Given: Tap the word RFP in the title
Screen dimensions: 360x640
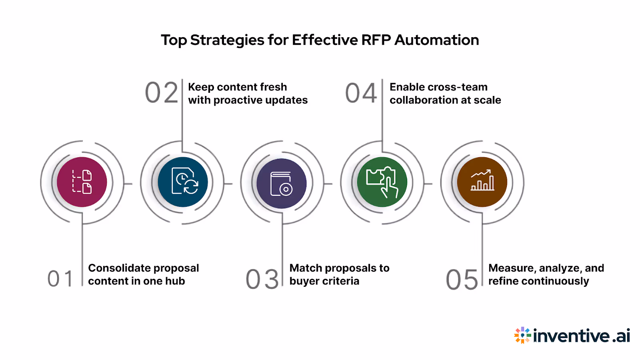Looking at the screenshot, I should pyautogui.click(x=376, y=40).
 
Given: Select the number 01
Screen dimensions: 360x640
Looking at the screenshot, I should pyautogui.click(x=60, y=279).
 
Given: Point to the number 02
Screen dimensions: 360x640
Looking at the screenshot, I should pyautogui.click(x=162, y=93).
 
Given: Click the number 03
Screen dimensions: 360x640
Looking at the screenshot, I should pyautogui.click(x=262, y=279).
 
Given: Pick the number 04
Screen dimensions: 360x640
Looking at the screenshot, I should pyautogui.click(x=361, y=93).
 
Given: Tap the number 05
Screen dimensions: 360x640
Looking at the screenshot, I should pyautogui.click(x=462, y=279).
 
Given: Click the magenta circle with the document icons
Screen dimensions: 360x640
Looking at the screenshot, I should pyautogui.click(x=82, y=182).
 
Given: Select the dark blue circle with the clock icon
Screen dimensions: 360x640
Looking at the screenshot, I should pyautogui.click(x=183, y=182).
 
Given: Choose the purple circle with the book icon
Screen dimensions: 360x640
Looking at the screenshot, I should pyautogui.click(x=282, y=183).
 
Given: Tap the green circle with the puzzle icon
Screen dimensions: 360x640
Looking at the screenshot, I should pyautogui.click(x=382, y=182).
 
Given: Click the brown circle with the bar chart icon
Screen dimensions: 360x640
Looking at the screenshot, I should pyautogui.click(x=482, y=182).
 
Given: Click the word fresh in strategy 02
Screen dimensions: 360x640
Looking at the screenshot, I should pyautogui.click(x=272, y=87).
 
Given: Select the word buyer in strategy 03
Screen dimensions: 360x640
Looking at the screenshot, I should pyautogui.click(x=304, y=281).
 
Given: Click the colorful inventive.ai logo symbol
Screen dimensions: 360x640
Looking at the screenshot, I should pyautogui.click(x=522, y=335).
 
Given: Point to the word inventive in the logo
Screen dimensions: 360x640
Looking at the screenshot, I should pyautogui.click(x=572, y=336).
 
